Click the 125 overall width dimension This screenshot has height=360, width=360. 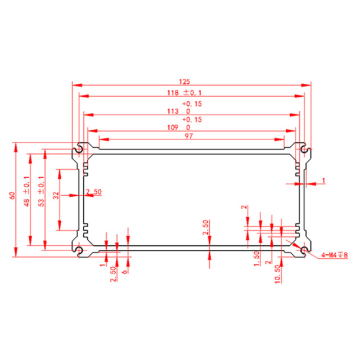pos(184,82)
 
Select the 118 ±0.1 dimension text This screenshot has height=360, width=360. pos(184,93)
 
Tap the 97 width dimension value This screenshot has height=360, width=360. pos(189,136)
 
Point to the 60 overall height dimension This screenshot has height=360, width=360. pos(12,195)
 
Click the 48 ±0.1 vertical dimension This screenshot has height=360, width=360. pos(26,191)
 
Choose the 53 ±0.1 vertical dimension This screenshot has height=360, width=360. pos(41,191)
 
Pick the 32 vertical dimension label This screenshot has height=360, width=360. pos(56,195)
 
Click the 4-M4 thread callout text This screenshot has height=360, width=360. pos(335,255)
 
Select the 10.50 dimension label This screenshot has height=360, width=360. pos(278,274)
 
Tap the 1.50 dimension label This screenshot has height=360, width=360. pos(256,259)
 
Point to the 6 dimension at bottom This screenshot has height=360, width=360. pos(125,272)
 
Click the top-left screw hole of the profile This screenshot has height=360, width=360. pos(79,148)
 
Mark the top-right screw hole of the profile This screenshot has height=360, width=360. pos(304,148)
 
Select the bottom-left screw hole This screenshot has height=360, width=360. pos(79,250)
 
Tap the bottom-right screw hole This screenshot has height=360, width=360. pos(304,250)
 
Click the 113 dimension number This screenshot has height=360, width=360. pos(173,111)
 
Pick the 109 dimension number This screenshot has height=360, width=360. pos(173,127)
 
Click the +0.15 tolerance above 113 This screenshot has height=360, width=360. pos(192,103)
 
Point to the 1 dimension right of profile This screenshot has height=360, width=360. pos(324,181)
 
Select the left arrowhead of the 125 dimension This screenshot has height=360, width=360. pos(78,85)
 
